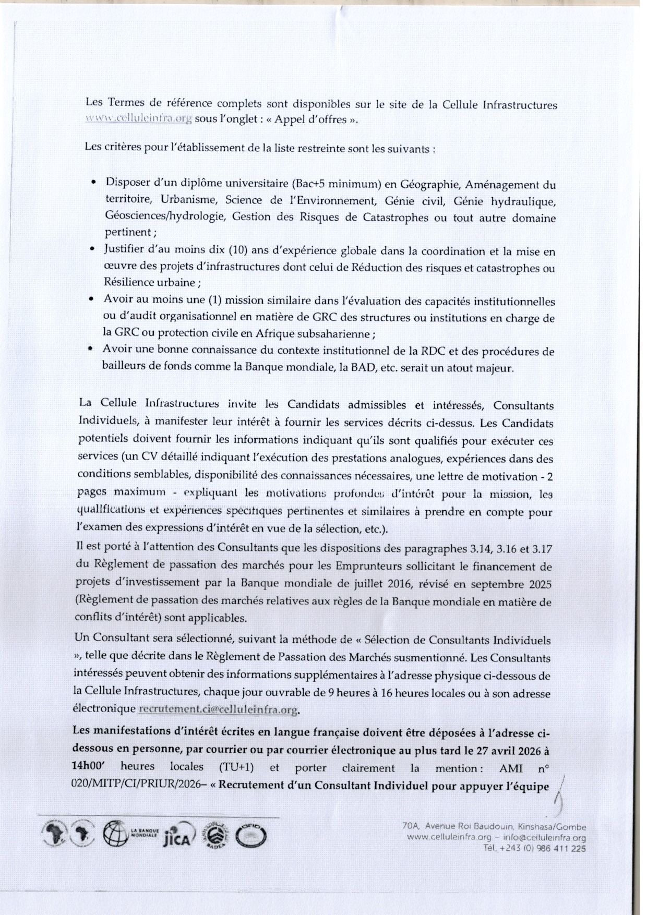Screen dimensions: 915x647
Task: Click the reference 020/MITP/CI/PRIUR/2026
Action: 143,786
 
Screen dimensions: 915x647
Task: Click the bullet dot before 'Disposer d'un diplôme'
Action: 93,183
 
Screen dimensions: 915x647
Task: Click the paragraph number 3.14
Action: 476,548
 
